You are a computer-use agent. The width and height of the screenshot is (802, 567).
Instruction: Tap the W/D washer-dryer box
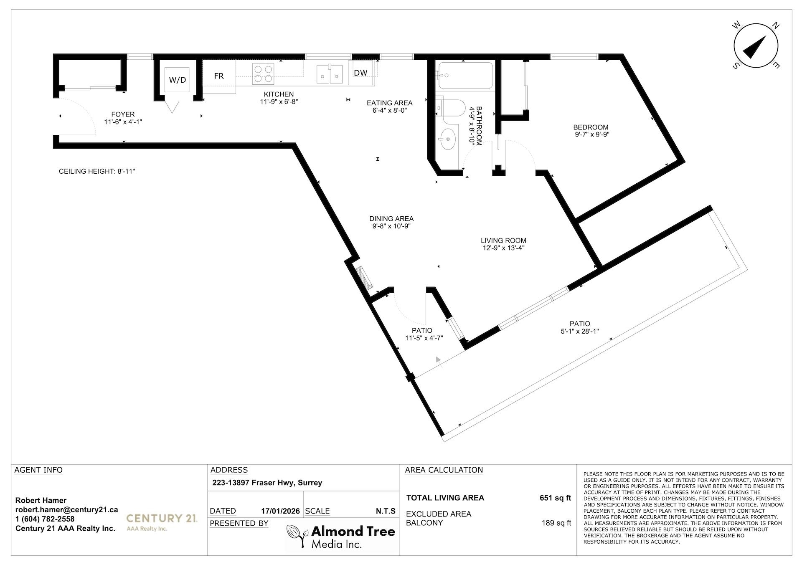(x=178, y=80)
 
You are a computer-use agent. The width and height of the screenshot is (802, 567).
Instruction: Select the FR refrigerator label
(x=219, y=76)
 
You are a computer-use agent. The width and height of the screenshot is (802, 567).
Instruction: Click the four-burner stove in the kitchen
(x=263, y=74)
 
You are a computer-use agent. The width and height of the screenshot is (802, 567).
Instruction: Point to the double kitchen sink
(x=329, y=74)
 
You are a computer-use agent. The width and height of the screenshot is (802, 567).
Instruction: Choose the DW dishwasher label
(x=360, y=73)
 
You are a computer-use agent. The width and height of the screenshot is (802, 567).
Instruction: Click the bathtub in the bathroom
(x=464, y=76)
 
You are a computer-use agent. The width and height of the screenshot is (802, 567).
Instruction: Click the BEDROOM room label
(x=591, y=127)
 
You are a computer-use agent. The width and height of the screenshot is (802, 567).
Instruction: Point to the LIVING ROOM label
(x=503, y=240)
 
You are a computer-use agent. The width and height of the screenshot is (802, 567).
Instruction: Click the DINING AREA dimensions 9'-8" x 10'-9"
(x=391, y=226)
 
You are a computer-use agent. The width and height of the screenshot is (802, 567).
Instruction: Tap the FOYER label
(x=123, y=114)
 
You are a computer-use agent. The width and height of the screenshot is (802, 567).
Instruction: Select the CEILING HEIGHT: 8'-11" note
(x=97, y=172)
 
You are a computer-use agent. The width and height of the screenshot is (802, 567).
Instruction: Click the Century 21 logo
(x=162, y=521)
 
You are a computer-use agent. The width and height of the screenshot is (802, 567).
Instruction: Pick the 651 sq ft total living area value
(x=555, y=498)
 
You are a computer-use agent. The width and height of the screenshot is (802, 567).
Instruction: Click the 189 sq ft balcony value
(x=556, y=523)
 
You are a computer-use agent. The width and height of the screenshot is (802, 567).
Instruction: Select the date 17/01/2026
(x=280, y=511)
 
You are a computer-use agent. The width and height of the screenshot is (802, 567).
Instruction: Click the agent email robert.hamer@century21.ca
(x=66, y=510)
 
